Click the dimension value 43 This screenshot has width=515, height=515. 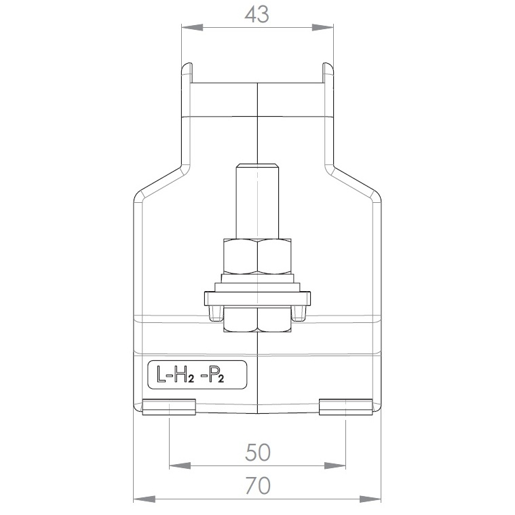[x=257, y=15]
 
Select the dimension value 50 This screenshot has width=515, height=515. [x=258, y=453]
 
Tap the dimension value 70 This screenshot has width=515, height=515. [x=258, y=485]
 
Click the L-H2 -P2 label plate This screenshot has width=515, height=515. [x=197, y=375]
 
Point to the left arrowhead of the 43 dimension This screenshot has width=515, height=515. [x=192, y=28]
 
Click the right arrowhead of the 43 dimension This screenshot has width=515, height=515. [x=322, y=28]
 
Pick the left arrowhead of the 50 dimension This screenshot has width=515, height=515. [x=180, y=465]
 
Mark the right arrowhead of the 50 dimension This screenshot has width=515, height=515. [x=335, y=465]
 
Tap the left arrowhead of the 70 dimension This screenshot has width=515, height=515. [x=144, y=499]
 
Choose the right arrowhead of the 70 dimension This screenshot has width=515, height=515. [x=370, y=499]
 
